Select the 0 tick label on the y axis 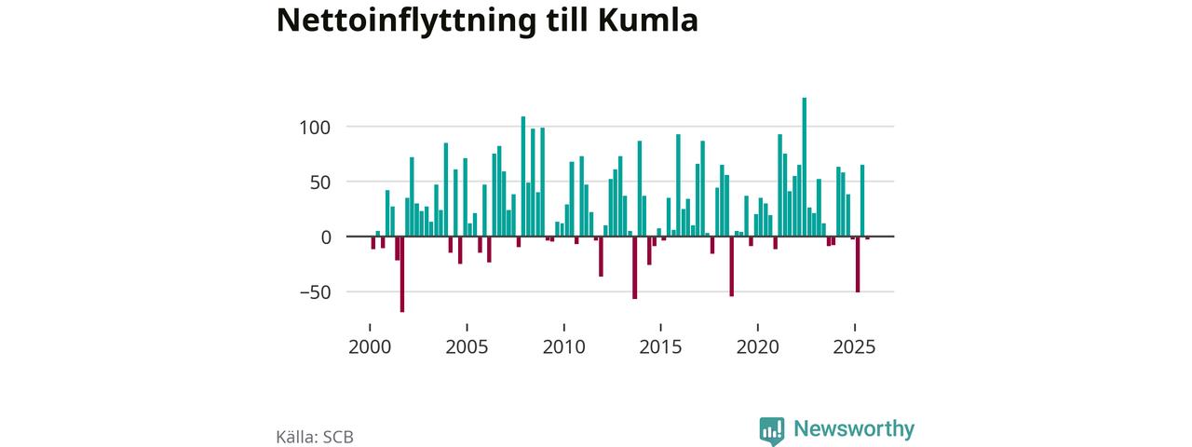[327, 237]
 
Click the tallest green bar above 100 [804, 168]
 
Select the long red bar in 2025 [858, 264]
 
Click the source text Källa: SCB [315, 436]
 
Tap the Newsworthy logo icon [772, 428]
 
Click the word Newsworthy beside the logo [854, 428]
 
